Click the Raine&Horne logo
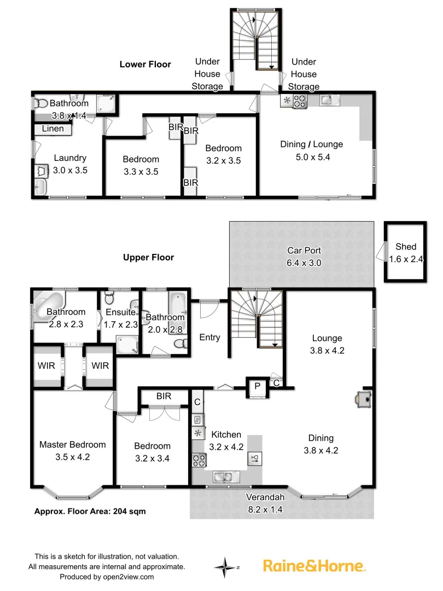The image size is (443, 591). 314,565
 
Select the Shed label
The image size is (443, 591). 406,247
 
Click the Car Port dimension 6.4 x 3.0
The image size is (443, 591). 304,263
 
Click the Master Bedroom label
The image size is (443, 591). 72,444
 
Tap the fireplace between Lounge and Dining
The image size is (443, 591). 362,399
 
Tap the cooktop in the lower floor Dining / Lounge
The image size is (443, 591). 300,101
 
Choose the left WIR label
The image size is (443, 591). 46,365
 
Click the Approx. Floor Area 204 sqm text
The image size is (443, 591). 90,511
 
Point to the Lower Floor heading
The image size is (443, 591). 145,65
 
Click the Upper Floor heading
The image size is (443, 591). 148,257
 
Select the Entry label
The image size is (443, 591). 209,338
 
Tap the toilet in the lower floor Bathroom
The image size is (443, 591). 40,102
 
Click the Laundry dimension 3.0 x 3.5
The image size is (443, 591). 70,170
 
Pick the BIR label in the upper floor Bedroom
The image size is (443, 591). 164,396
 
